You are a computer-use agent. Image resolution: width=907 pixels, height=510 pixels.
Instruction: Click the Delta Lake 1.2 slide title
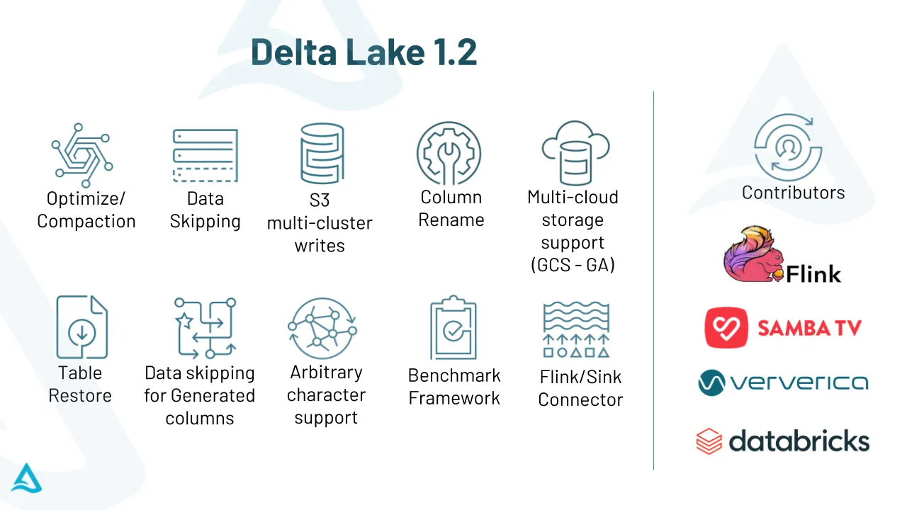(x=364, y=52)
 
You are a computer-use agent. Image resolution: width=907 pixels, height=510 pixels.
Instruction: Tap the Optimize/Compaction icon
(x=81, y=149)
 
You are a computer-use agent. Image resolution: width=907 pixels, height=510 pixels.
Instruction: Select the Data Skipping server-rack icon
(x=205, y=156)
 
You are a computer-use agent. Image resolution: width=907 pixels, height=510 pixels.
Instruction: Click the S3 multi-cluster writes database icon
(x=321, y=154)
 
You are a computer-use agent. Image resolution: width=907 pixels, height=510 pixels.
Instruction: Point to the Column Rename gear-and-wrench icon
(x=449, y=154)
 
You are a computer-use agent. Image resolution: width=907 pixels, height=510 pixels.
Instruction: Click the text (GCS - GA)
(x=573, y=265)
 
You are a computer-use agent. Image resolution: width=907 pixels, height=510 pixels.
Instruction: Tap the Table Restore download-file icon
(x=81, y=327)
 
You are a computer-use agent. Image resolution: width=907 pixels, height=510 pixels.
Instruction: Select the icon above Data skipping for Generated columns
(x=205, y=327)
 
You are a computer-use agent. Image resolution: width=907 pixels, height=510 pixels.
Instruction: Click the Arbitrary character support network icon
(x=322, y=327)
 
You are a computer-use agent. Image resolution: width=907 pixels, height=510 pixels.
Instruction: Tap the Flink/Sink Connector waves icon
(x=575, y=329)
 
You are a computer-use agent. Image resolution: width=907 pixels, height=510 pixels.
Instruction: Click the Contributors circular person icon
(x=787, y=146)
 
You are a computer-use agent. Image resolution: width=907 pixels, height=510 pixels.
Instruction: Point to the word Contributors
(x=793, y=193)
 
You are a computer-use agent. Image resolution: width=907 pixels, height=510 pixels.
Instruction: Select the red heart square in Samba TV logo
(x=726, y=327)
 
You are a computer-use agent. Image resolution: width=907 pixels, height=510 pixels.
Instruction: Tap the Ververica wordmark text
(x=799, y=383)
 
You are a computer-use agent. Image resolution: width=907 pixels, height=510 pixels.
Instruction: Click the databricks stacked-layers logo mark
(x=709, y=441)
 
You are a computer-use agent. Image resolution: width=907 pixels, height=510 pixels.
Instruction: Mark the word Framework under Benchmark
(x=454, y=398)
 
